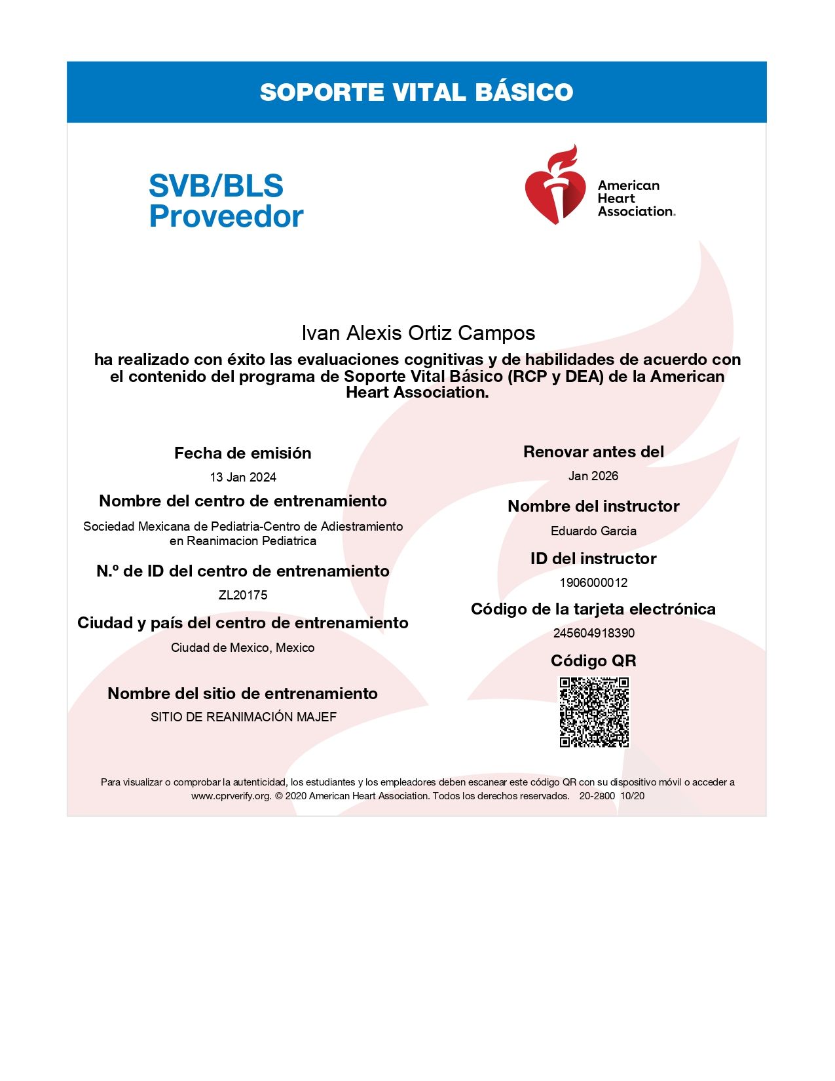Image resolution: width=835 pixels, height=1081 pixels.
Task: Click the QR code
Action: point(594,712)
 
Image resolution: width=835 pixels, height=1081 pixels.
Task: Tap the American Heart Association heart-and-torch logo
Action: point(554,186)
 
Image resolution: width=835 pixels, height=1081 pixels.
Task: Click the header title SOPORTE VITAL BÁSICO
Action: point(417,92)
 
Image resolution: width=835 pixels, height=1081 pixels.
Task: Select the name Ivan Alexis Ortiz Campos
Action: point(418,333)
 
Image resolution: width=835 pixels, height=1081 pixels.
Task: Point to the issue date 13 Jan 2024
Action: point(243,477)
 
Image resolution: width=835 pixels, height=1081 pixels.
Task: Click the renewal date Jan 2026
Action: point(593,476)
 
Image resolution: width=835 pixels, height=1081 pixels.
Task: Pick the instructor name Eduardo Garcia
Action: point(593,531)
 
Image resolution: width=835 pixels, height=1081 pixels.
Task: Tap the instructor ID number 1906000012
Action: point(593,582)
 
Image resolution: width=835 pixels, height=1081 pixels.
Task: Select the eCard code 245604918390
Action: point(593,633)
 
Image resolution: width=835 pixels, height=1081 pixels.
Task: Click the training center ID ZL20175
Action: point(243,595)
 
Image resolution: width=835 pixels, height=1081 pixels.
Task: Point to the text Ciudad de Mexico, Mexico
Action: point(243,647)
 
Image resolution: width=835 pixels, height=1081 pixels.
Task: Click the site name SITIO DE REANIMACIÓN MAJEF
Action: point(243,717)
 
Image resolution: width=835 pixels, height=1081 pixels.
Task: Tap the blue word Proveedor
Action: point(226,216)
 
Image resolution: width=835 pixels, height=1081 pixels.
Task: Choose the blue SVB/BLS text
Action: point(216,185)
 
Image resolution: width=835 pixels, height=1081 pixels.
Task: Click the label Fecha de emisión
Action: point(243,453)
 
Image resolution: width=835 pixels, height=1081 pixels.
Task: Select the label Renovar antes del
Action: point(593,451)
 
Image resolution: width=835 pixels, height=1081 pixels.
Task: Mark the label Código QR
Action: point(593,660)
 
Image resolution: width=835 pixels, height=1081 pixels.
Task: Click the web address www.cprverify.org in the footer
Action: point(231,795)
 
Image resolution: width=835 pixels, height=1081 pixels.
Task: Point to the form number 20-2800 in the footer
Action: point(597,795)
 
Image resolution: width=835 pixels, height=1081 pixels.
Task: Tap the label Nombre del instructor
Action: point(593,506)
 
